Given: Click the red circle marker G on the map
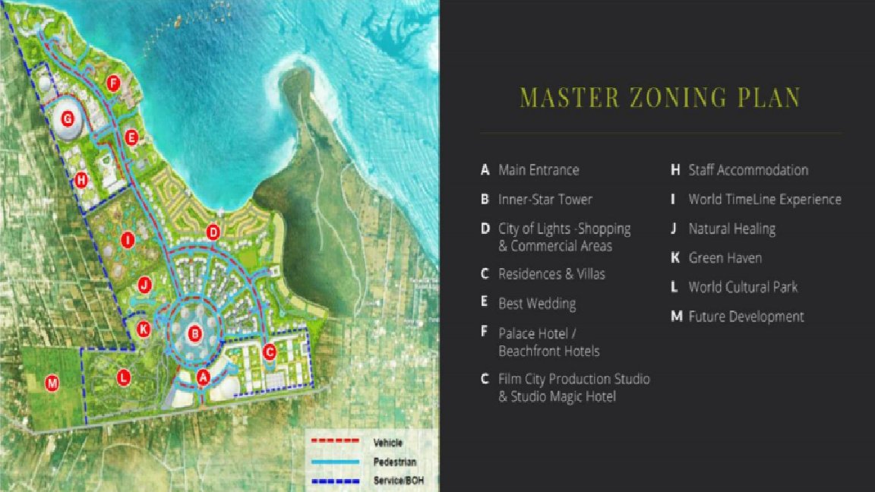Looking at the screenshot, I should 68,118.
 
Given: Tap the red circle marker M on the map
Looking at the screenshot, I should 52,383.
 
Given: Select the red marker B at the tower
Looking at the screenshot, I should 195,333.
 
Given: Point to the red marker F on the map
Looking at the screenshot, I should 114,83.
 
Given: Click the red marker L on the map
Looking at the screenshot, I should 124,377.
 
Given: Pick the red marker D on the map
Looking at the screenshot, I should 213,231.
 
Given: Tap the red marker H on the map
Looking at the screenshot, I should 82,180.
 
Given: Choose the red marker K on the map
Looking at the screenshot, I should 144,328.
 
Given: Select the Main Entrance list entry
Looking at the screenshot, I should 539,170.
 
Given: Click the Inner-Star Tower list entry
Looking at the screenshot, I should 545,200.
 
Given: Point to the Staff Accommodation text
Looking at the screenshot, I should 748,170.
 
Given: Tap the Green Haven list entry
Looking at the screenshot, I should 725,258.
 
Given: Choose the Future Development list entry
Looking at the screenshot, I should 746,317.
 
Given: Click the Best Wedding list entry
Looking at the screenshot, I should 537,304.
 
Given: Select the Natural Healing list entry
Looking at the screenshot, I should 731,229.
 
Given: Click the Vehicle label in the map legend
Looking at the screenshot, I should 388,442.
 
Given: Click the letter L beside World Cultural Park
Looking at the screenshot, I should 674,287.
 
